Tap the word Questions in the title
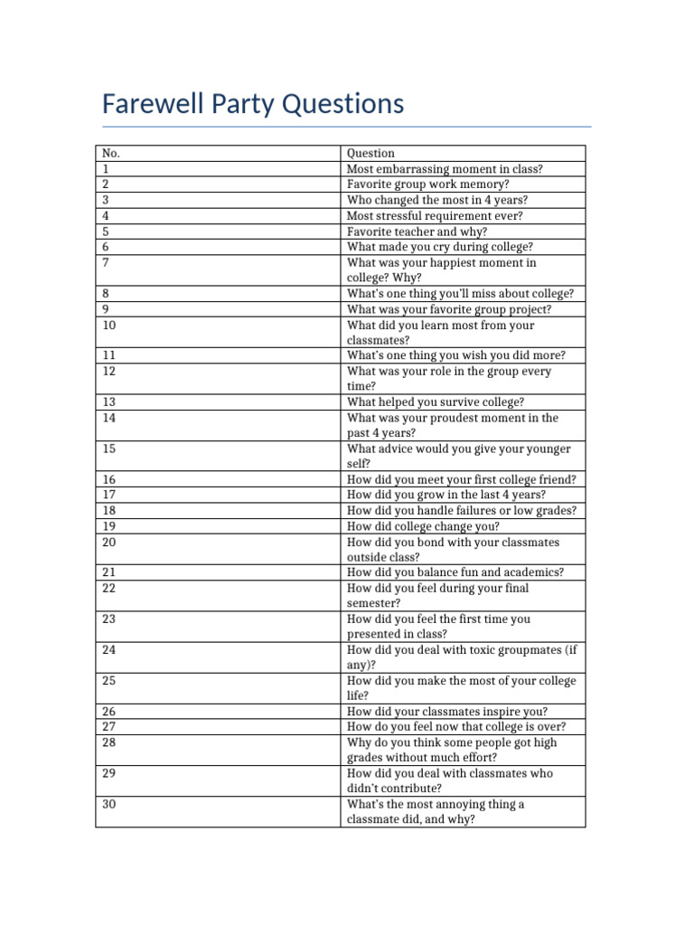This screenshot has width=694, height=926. [x=343, y=104]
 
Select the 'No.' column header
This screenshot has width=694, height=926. [x=111, y=154]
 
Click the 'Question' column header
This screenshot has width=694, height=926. [x=370, y=154]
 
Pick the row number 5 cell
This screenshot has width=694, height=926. [x=106, y=231]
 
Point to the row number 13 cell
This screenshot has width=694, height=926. [x=109, y=402]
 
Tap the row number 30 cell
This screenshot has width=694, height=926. [x=109, y=804]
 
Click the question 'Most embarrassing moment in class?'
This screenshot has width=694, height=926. [x=445, y=169]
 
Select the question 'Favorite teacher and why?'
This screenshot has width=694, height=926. [x=417, y=231]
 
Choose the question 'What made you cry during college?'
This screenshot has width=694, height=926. [x=440, y=247]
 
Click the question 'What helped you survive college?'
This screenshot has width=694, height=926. [x=436, y=402]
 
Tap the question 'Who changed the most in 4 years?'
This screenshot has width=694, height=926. [x=437, y=200]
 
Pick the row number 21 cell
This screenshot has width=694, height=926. [x=109, y=572]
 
